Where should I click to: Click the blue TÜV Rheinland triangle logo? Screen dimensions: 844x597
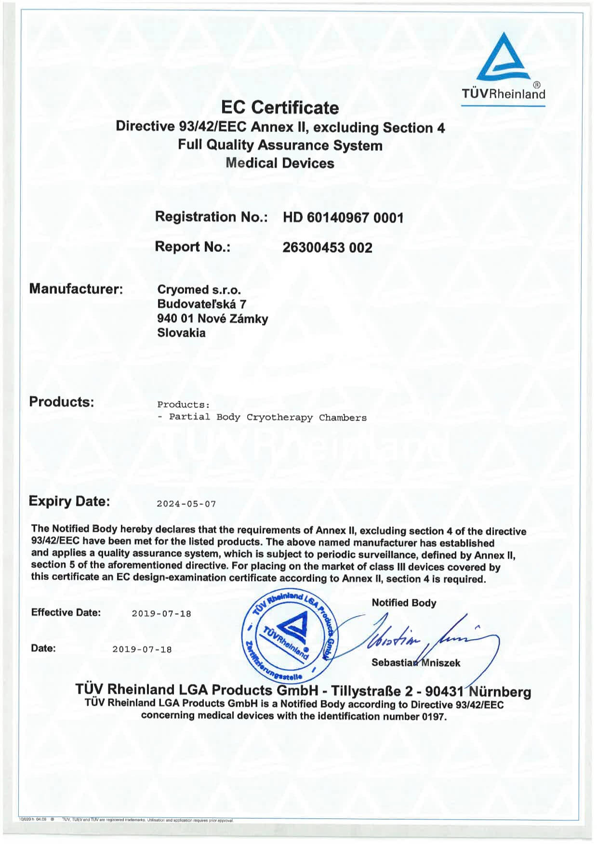[503, 58]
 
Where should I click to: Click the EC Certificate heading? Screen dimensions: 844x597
[279, 107]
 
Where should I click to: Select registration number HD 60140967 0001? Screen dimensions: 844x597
[343, 218]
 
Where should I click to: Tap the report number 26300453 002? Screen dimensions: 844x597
[327, 248]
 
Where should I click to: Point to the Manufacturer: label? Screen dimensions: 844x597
[76, 289]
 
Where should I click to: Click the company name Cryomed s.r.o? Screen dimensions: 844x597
[199, 290]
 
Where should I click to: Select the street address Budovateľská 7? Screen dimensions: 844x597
[201, 304]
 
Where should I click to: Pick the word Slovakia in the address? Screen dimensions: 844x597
[181, 333]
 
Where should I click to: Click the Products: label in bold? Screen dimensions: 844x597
[61, 402]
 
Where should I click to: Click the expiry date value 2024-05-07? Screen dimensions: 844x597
[186, 504]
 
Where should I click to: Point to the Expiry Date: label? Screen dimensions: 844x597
[69, 501]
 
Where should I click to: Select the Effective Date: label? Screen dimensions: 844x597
[66, 613]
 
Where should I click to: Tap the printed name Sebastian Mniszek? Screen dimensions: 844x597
[415, 663]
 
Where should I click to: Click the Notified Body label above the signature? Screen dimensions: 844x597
[404, 603]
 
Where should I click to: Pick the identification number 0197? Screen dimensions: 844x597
[434, 717]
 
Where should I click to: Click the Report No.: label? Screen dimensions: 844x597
[193, 247]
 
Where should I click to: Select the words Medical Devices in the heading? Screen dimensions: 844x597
[279, 163]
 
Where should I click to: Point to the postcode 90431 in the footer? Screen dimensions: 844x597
[444, 692]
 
